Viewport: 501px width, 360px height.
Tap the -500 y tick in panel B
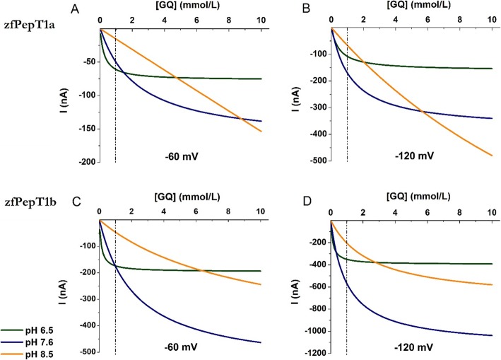tap(318, 162)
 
